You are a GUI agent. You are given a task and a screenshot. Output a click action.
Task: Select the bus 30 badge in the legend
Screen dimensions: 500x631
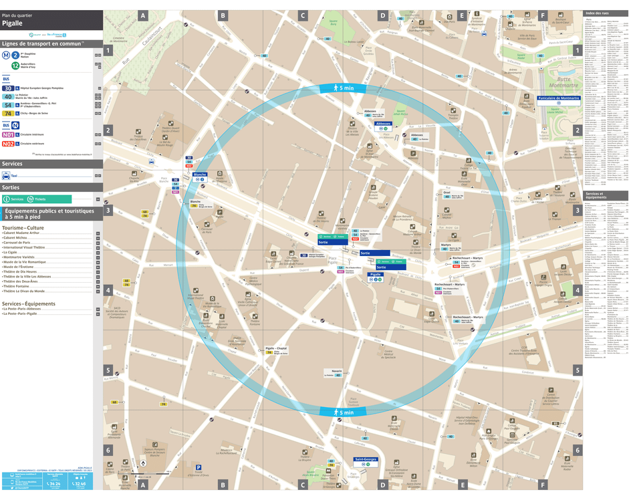8,88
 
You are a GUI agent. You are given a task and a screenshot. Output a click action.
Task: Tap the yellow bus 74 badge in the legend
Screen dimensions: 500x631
8,114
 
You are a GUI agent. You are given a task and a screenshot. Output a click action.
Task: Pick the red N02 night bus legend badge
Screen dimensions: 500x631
8,144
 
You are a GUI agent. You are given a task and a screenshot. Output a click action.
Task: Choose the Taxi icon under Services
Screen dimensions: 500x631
6,176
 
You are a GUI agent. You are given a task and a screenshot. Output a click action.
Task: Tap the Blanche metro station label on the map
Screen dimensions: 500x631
199,174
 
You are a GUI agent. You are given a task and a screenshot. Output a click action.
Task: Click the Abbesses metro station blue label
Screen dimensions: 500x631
383,124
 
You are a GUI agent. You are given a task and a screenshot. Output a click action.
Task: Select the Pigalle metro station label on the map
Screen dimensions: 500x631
376,275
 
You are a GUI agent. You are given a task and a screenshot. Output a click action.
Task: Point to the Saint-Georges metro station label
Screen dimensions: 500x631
366,459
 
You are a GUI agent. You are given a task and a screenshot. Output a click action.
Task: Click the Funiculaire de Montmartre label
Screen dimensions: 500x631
558,98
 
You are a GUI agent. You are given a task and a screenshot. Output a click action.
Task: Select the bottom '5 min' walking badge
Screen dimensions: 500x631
342,412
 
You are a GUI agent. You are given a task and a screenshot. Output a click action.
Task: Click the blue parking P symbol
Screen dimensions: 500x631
199,467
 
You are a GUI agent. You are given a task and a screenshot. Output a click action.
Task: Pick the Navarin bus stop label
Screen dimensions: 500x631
336,371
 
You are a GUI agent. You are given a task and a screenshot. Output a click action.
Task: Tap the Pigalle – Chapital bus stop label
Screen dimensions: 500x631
276,348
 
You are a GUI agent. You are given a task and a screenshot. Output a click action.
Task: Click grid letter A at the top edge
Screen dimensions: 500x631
142,15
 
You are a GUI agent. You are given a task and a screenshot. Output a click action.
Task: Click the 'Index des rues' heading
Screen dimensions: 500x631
597,13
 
